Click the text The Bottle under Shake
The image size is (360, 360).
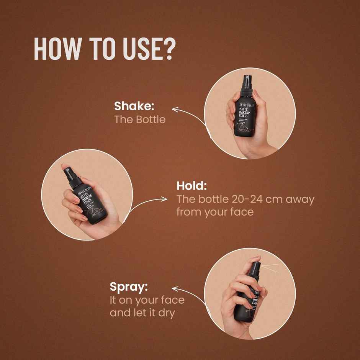click(140, 119)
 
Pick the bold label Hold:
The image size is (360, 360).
click(191, 186)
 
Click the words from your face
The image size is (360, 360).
click(215, 212)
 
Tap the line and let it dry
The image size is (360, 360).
click(142, 313)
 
